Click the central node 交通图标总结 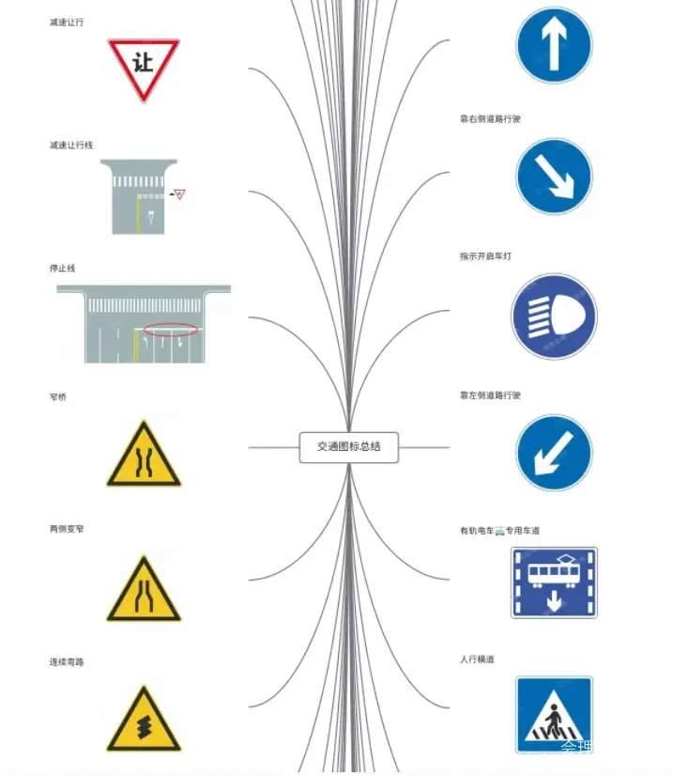coord(348,447)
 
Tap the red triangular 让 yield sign coord(143,67)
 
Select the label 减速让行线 coord(71,146)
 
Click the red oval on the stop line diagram coord(171,330)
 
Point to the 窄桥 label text coord(58,396)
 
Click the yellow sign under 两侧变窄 coord(143,589)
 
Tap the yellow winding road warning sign coord(143,720)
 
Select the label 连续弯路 coord(67,662)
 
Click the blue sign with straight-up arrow coord(554,44)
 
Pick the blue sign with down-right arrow coord(554,177)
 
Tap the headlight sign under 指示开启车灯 coord(554,317)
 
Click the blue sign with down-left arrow coord(554,453)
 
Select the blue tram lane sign coord(554,582)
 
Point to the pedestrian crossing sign coord(554,714)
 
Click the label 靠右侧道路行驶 coord(490,119)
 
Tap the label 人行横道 coord(477,660)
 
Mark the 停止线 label coord(62,269)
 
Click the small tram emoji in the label coord(499,531)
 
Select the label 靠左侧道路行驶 coord(490,396)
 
